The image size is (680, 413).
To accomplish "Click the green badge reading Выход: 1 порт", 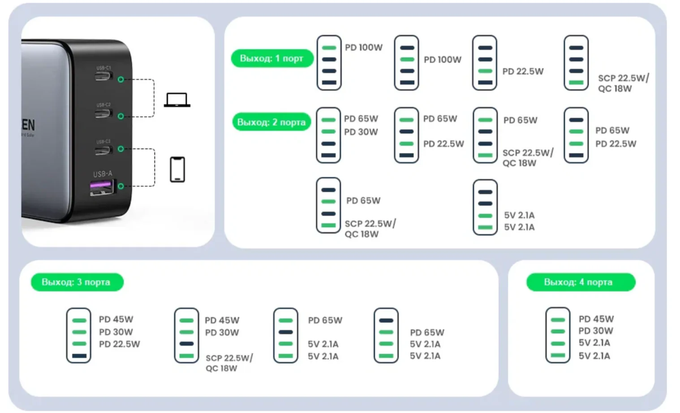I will tap(271, 58).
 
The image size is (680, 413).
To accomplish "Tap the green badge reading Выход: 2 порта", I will tap(271, 122).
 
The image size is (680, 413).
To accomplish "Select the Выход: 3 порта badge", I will tap(77, 282).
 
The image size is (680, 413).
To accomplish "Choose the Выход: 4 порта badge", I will tap(580, 282).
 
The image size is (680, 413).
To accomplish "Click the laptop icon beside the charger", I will tap(177, 100).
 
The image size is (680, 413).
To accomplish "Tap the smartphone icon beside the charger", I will tap(177, 170).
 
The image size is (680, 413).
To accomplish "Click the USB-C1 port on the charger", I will tap(103, 77).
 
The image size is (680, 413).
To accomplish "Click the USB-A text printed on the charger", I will tap(103, 174).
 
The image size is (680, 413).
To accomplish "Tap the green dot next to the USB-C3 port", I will tap(121, 149).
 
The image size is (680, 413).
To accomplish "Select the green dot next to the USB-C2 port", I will tap(121, 116).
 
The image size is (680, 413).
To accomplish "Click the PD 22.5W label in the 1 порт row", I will tap(523, 71).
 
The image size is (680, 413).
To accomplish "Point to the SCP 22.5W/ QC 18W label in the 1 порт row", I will tap(623, 83).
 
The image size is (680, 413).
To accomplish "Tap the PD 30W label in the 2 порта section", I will tap(361, 132).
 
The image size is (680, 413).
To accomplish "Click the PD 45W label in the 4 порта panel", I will tap(596, 319).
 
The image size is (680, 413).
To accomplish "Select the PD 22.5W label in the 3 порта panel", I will tap(119, 344).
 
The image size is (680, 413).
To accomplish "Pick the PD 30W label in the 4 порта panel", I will tap(595, 330).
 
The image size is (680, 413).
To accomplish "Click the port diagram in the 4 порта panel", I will tap(558, 335).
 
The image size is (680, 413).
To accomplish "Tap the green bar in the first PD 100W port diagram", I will tap(329, 48).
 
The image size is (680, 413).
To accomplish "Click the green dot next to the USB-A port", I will tap(121, 186).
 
